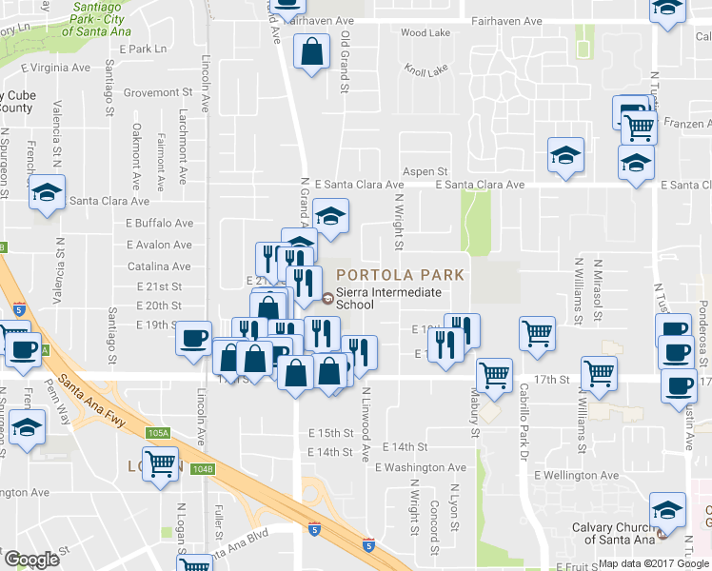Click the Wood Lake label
click(x=425, y=32)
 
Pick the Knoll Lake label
click(x=425, y=70)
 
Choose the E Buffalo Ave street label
click(x=160, y=223)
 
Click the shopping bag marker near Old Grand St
click(x=312, y=54)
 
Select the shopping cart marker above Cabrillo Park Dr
click(x=538, y=334)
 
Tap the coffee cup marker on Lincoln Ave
click(x=194, y=338)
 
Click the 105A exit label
click(x=159, y=433)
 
